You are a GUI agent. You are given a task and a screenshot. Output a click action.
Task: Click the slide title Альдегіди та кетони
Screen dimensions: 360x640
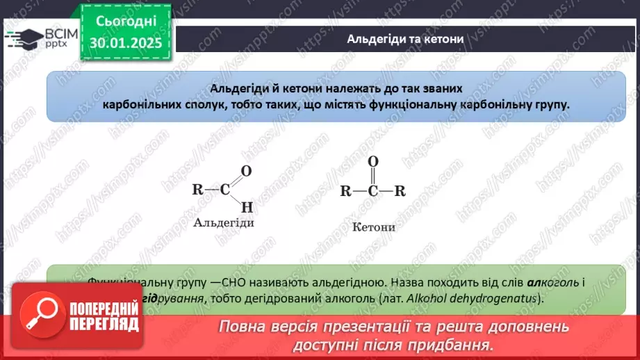coord(405,39)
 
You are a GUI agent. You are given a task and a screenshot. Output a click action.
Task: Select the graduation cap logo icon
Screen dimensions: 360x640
coord(21,38)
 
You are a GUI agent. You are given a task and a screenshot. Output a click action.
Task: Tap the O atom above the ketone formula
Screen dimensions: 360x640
coord(372,161)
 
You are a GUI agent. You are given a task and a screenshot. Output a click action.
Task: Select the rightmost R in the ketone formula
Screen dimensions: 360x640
coord(400,191)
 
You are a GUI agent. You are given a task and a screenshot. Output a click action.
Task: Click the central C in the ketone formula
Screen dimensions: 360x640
coord(372,191)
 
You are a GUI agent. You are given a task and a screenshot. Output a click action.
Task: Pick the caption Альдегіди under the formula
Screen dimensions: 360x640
coord(224,223)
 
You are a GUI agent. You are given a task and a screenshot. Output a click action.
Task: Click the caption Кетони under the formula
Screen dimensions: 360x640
coord(373,227)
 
